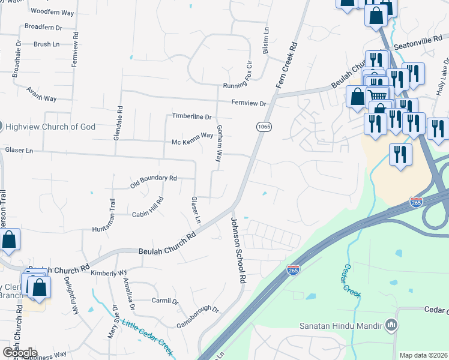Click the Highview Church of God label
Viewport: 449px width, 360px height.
tap(50, 127)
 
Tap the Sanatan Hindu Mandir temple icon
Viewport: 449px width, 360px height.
tap(392, 326)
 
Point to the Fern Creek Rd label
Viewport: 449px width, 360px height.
tap(286, 65)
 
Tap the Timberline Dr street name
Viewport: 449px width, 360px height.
tap(191, 116)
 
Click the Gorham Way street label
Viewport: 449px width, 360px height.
tap(220, 144)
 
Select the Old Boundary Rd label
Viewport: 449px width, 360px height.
tap(153, 182)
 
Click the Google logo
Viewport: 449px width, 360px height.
tap(20, 353)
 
